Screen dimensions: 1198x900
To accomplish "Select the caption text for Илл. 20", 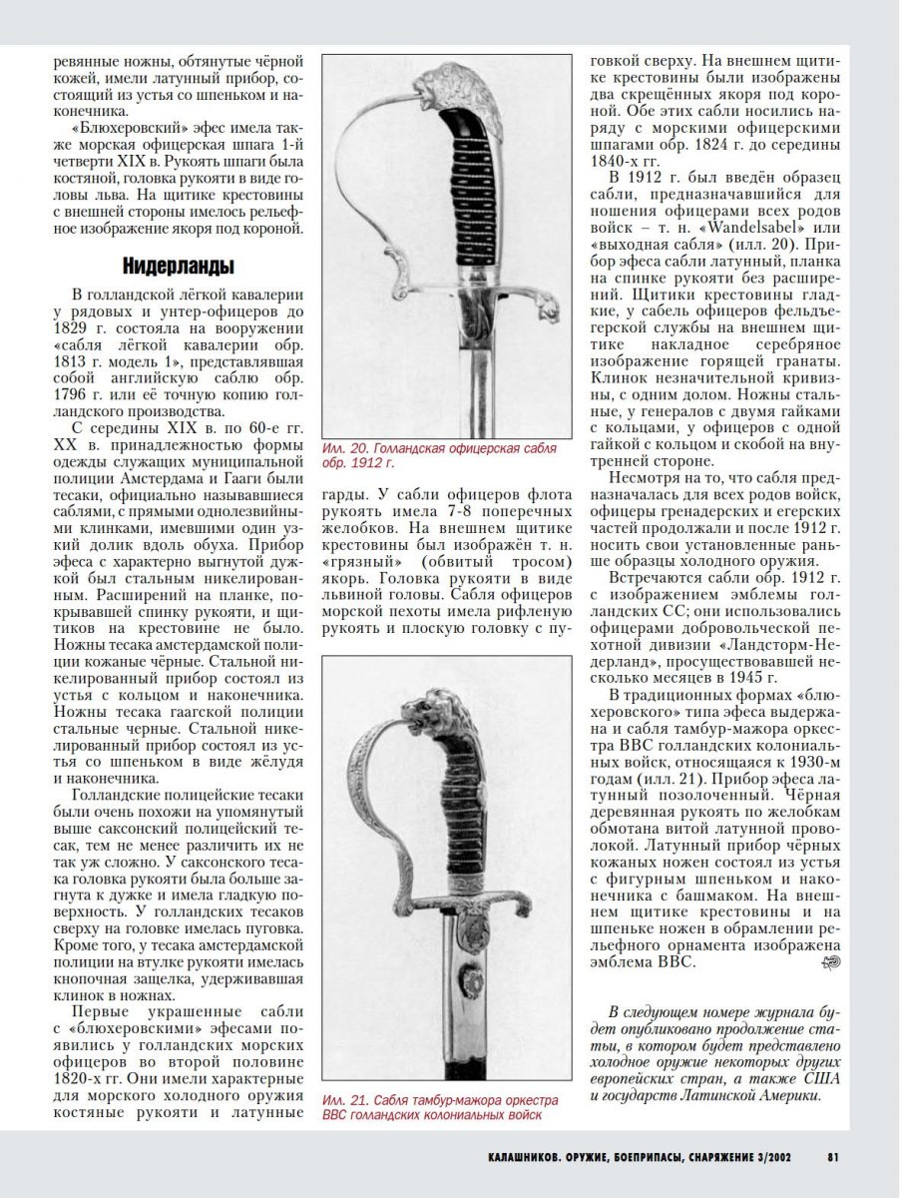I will click(x=439, y=456).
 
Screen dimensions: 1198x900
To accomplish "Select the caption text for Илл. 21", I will click(x=439, y=1106).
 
